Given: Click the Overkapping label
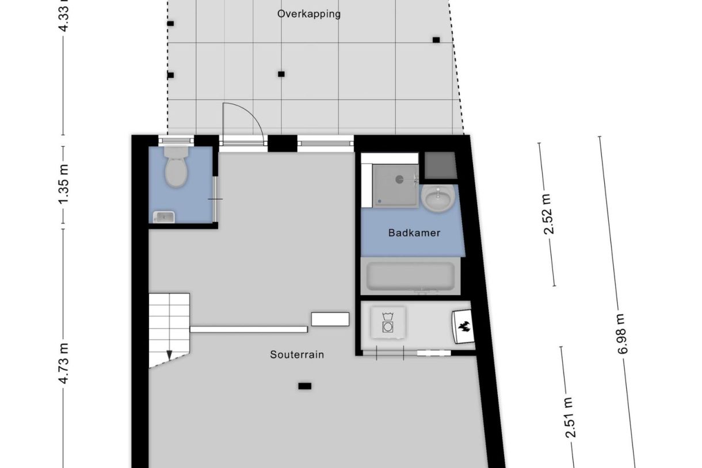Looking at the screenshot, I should point(308,14).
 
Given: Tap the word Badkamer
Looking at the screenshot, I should point(414,233).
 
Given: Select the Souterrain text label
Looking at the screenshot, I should point(297,355).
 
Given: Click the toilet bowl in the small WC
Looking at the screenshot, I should point(175,170).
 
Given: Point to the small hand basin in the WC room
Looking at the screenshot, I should point(164,216).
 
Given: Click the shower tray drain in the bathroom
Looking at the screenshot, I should point(399,179).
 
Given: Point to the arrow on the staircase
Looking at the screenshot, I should point(169,355).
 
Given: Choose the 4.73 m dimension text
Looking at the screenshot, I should point(64,363).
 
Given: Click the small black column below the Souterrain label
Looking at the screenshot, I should point(304,386).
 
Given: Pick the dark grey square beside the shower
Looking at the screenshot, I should point(440,165).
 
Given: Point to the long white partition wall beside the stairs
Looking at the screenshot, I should point(249,329).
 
